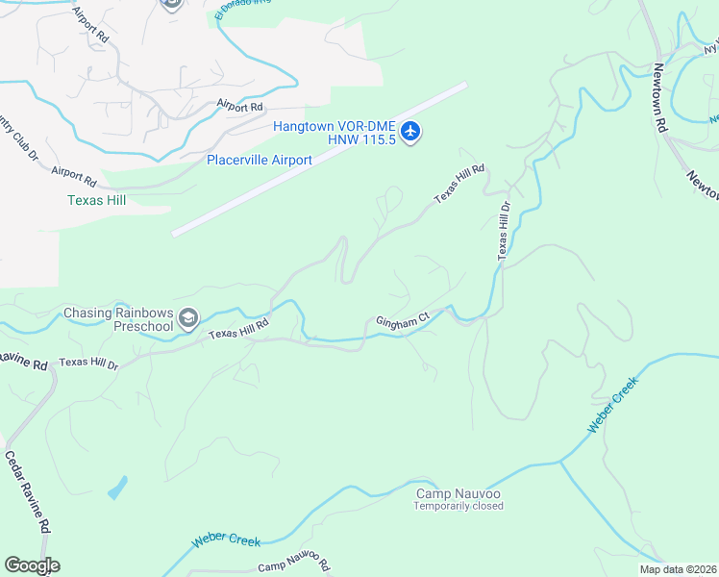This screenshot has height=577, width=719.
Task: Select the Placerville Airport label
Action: [260, 160]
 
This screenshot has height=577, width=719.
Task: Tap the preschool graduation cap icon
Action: [189, 318]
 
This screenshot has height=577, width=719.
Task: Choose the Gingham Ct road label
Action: [401, 322]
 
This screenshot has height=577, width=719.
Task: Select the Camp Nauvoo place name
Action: [458, 493]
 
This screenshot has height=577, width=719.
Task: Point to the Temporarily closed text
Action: [459, 506]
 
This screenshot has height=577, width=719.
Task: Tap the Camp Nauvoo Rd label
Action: [294, 564]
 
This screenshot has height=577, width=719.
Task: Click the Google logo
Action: [32, 565]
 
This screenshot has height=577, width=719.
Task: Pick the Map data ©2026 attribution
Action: [678, 569]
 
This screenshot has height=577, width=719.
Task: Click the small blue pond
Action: [117, 489]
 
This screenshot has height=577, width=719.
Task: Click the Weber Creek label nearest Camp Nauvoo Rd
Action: [226, 539]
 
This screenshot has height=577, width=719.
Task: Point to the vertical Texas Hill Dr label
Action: [503, 231]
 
